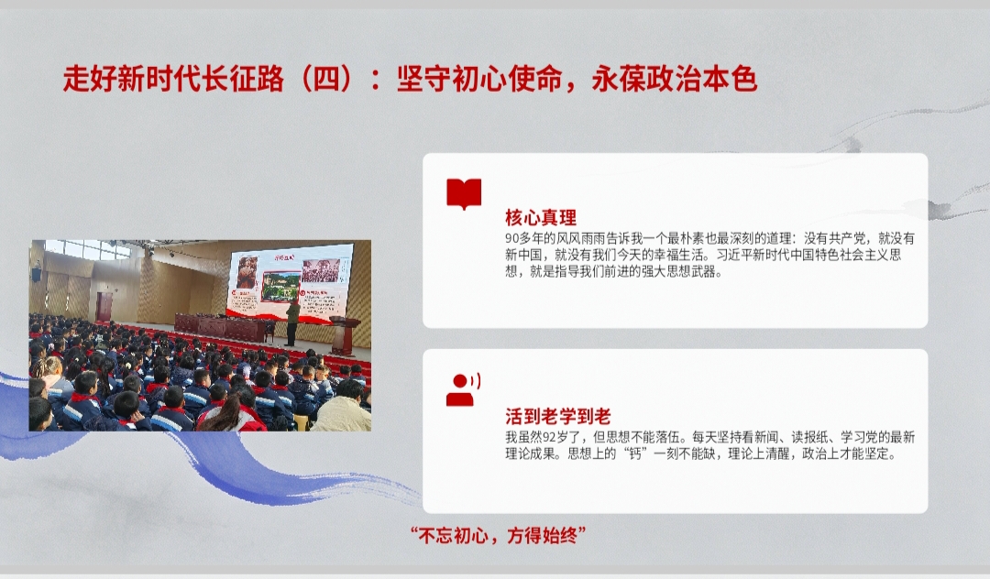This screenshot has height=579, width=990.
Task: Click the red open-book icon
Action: pyautogui.click(x=464, y=193)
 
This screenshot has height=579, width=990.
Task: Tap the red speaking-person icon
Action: pyautogui.click(x=464, y=389)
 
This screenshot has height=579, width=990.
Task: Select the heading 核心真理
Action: pyautogui.click(x=541, y=218)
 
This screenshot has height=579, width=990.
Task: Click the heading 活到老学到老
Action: pyautogui.click(x=557, y=416)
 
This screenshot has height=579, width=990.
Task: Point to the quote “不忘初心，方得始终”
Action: pyautogui.click(x=498, y=535)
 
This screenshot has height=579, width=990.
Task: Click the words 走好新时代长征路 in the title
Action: pyautogui.click(x=173, y=80)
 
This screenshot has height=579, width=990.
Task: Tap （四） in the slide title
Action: pyautogui.click(x=326, y=80)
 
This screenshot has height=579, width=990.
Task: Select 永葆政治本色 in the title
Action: pyautogui.click(x=675, y=80)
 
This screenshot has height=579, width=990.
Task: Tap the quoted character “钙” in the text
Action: pyautogui.click(x=634, y=453)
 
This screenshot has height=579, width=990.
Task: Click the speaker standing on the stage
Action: pyautogui.click(x=291, y=322)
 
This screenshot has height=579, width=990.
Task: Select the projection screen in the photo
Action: pyautogui.click(x=290, y=282)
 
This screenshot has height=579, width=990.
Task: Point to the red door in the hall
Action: pyautogui.click(x=104, y=307)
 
